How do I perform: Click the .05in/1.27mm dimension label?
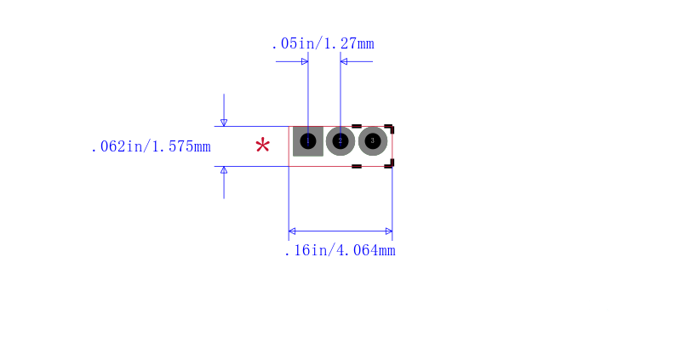(x=323, y=44)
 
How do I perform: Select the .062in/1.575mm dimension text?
(x=151, y=146)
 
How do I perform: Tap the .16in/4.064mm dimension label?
(x=340, y=250)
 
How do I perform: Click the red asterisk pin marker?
(x=263, y=145)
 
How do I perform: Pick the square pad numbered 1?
(x=308, y=141)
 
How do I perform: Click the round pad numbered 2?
(x=340, y=141)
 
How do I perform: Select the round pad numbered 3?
(x=373, y=141)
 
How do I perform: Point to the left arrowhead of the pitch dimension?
(x=305, y=61)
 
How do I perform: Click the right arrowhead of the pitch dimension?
(x=344, y=61)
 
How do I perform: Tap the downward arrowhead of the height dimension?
(x=224, y=123)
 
